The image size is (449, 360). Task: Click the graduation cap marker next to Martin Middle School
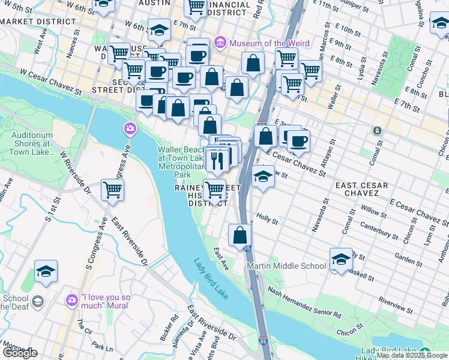pyautogui.click(x=340, y=259)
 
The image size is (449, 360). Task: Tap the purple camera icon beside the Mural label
pyautogui.click(x=72, y=298)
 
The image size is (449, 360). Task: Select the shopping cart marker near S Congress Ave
pyautogui.click(x=112, y=190)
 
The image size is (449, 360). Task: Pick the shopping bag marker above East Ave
pyautogui.click(x=240, y=235)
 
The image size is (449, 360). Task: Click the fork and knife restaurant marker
pyautogui.click(x=215, y=160)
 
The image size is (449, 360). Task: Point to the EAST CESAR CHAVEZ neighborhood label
pyautogui.click(x=357, y=189)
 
